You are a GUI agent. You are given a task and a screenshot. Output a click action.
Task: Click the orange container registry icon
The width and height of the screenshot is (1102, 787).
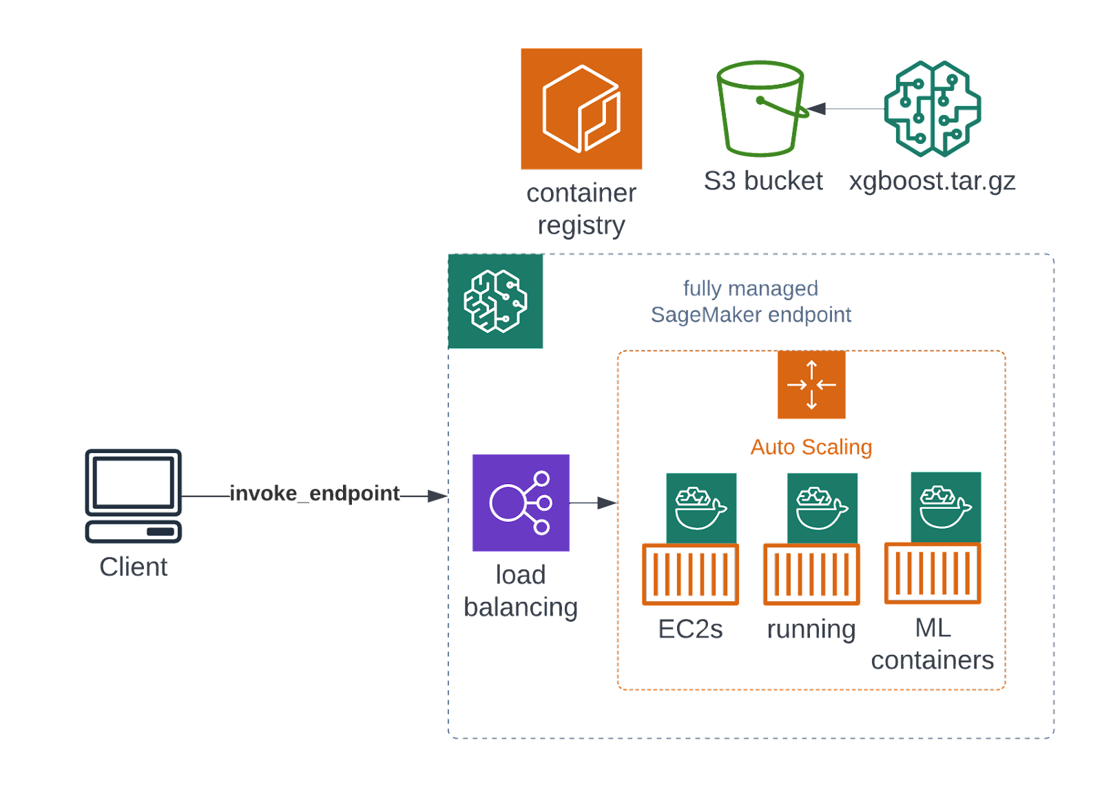[581, 109]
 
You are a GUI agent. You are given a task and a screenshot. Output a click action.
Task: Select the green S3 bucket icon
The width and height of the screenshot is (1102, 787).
[761, 109]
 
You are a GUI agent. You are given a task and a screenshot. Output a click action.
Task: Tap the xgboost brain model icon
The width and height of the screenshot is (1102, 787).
[933, 109]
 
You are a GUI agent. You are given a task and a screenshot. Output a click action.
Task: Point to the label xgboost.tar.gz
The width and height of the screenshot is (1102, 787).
[933, 181]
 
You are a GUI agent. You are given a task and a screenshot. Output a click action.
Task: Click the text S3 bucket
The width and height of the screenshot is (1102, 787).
[763, 181]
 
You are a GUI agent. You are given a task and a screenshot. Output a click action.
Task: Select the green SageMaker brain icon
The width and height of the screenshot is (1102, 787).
[495, 302]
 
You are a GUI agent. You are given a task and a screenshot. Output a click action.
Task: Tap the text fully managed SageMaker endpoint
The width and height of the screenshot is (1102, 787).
[751, 302]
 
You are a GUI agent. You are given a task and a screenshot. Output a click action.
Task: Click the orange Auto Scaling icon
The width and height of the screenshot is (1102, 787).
[811, 385]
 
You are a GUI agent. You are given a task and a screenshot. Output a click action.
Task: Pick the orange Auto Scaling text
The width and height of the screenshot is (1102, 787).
[811, 448]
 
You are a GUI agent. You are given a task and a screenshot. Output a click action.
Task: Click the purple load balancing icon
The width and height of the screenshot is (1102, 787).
[521, 503]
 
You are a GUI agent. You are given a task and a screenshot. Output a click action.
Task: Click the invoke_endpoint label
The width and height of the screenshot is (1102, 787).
[315, 494]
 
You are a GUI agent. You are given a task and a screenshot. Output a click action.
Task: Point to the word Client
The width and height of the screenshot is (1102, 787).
[134, 567]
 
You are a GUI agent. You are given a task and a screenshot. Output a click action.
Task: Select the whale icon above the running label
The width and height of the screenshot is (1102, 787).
[822, 507]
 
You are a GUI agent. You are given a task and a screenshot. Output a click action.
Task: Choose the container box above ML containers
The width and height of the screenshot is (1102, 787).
[933, 574]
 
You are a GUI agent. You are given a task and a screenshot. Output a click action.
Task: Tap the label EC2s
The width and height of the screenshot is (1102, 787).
[690, 629]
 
